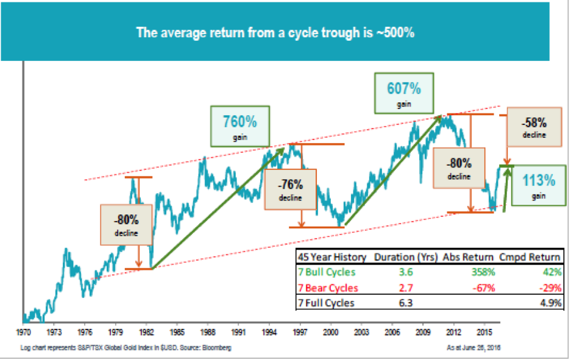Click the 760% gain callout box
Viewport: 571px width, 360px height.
click(240, 127)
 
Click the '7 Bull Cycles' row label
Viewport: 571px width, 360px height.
click(327, 272)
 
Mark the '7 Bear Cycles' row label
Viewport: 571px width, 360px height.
click(327, 288)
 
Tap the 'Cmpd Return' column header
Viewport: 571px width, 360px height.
click(531, 256)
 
